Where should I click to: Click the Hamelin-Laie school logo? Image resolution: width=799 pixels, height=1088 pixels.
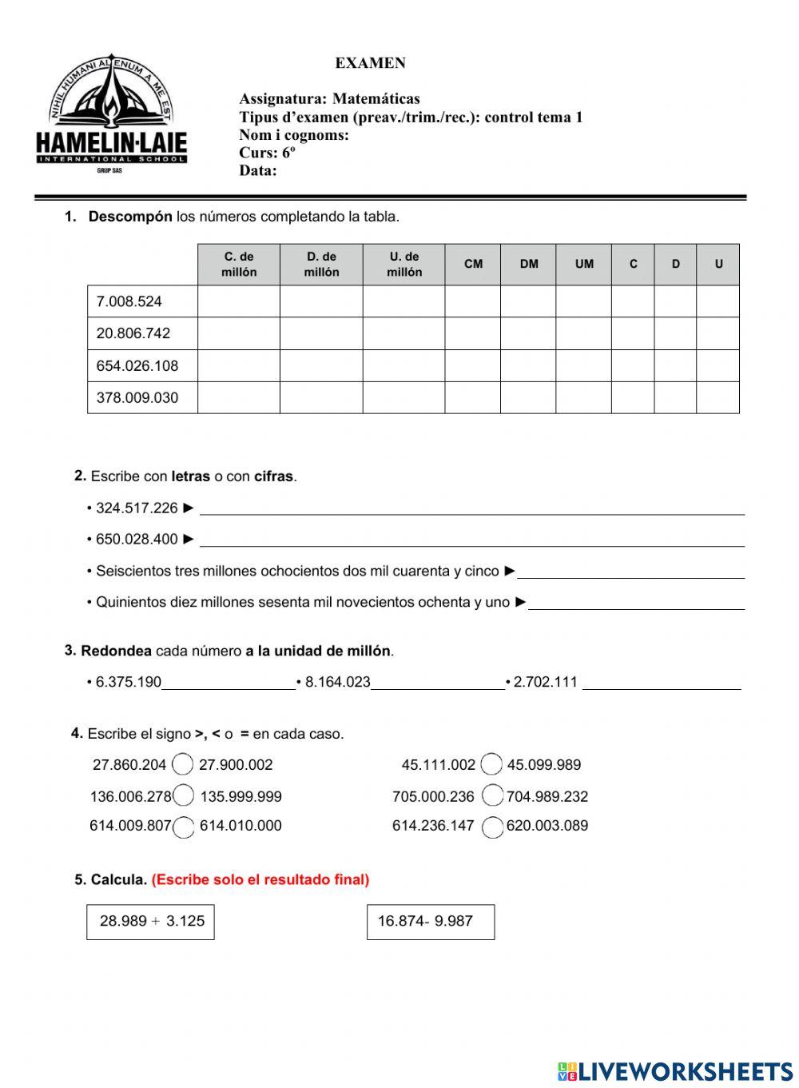[112, 116]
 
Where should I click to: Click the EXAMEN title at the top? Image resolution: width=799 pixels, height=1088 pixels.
[370, 63]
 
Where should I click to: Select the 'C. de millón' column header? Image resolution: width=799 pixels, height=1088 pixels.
[239, 265]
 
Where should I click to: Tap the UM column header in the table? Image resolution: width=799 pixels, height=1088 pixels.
[584, 265]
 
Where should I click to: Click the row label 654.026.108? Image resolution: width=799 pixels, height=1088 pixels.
[137, 366]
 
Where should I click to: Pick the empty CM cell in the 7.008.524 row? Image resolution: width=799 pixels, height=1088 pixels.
[472, 301]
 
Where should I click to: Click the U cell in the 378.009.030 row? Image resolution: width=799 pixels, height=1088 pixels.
[718, 397]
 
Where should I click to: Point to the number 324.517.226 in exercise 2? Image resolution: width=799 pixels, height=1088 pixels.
[137, 508]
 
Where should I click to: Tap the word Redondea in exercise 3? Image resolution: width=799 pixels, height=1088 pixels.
[116, 652]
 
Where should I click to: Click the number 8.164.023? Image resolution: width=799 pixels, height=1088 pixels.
[337, 683]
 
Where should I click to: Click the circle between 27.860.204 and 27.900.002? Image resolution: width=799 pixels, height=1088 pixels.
[182, 765]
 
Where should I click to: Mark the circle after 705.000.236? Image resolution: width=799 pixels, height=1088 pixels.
[492, 795]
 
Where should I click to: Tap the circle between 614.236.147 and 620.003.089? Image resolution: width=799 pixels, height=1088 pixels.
[493, 826]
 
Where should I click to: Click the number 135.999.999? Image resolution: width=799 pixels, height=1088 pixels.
[240, 797]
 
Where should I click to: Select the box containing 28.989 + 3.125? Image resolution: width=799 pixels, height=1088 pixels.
[150, 922]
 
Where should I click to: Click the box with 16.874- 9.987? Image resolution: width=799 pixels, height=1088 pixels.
[431, 922]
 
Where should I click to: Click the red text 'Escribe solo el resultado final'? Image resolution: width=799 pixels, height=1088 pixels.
[260, 880]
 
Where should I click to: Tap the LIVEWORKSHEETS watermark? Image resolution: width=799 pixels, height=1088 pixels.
[675, 1072]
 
